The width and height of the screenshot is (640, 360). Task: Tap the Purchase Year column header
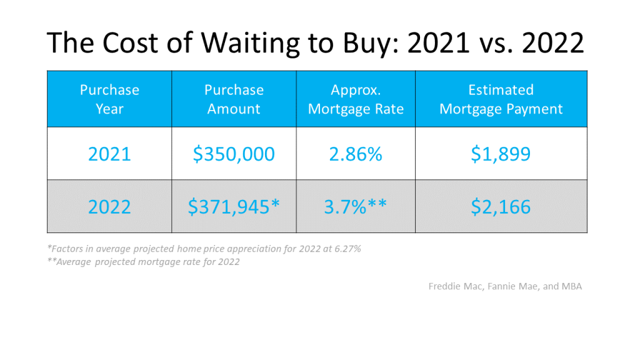click(x=109, y=99)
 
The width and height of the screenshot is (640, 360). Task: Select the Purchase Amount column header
click(x=234, y=99)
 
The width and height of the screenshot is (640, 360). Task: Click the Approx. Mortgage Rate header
click(x=356, y=99)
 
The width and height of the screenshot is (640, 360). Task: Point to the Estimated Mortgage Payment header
click(x=501, y=99)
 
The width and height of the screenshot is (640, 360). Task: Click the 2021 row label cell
click(x=109, y=154)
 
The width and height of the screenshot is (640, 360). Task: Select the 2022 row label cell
click(x=109, y=206)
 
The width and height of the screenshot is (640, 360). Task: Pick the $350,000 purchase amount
click(x=234, y=154)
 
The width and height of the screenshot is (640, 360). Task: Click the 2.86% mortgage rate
click(x=356, y=154)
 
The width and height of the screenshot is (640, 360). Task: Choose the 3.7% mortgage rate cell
click(x=355, y=206)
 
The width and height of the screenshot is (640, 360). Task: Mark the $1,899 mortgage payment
click(x=501, y=154)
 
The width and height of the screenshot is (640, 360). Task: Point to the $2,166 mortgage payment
click(x=501, y=206)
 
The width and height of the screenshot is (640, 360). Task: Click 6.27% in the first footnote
click(x=347, y=249)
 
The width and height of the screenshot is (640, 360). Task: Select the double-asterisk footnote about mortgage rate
click(x=144, y=262)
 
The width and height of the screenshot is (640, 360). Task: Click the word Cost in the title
click(x=130, y=43)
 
